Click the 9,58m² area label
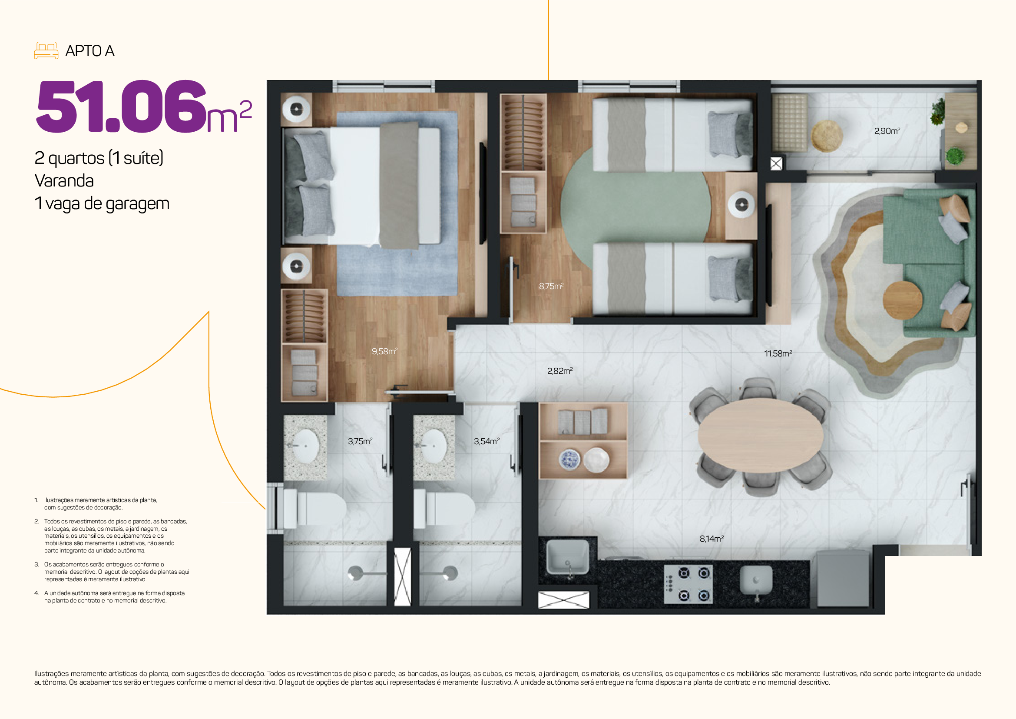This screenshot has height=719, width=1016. pyautogui.click(x=384, y=352)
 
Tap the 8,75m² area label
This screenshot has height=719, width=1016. pyautogui.click(x=551, y=286)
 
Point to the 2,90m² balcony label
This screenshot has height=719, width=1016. pyautogui.click(x=887, y=131)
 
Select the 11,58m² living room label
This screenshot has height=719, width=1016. pyautogui.click(x=778, y=354)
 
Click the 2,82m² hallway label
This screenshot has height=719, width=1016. pyautogui.click(x=560, y=371)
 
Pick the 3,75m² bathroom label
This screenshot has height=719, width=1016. pyautogui.click(x=360, y=441)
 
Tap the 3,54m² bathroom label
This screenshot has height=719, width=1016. pyautogui.click(x=487, y=441)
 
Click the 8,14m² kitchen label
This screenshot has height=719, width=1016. pyautogui.click(x=712, y=539)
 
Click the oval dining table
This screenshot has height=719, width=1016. pyautogui.click(x=760, y=436)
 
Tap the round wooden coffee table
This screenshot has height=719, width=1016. pyautogui.click(x=903, y=300)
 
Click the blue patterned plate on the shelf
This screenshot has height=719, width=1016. pyautogui.click(x=569, y=459)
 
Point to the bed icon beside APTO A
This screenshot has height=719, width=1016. pyautogui.click(x=46, y=50)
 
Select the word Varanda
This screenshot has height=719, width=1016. pyautogui.click(x=64, y=181)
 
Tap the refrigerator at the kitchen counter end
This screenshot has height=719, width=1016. pyautogui.click(x=843, y=578)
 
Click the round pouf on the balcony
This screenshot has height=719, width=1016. pyautogui.click(x=827, y=136)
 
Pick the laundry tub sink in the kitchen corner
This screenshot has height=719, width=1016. pyautogui.click(x=568, y=557)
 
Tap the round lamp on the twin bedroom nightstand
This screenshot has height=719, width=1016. pyautogui.click(x=741, y=205)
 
